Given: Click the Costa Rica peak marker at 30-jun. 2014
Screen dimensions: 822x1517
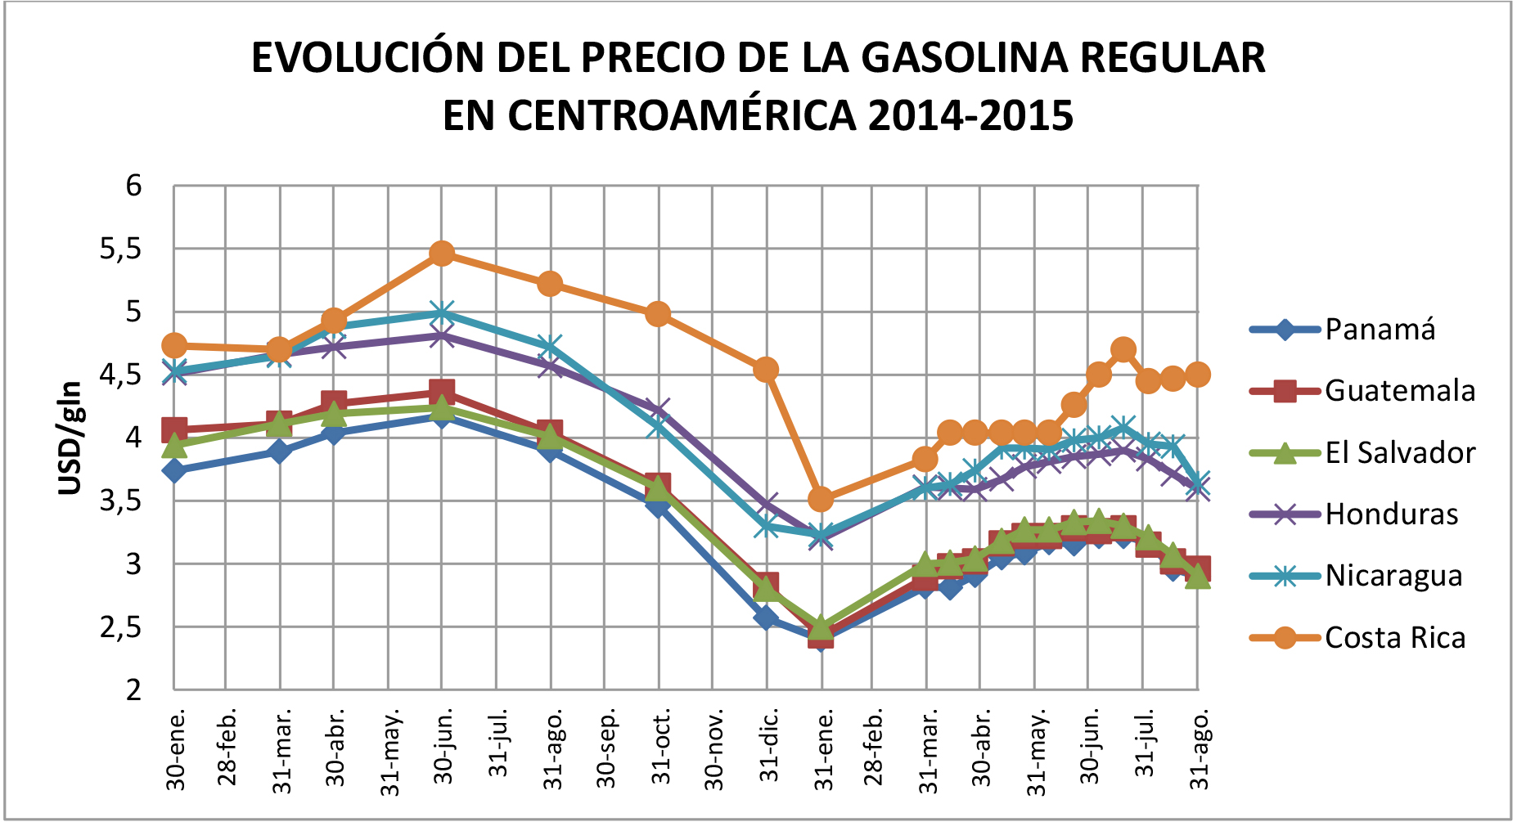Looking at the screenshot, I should (x=442, y=254).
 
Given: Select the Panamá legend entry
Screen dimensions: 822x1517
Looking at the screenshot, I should (x=1380, y=330).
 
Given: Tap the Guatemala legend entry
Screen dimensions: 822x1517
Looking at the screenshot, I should (x=1399, y=391).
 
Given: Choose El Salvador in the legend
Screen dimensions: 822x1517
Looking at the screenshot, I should (x=1399, y=452).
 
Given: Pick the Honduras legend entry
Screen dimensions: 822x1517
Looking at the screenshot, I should (x=1391, y=514).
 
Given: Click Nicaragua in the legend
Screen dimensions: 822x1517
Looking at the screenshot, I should (x=1393, y=576).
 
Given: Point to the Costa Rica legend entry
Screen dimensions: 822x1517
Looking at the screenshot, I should (x=1394, y=638).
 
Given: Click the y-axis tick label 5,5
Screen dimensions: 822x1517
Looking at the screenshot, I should (x=120, y=249).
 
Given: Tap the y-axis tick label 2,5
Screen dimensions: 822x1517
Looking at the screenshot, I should (x=120, y=627).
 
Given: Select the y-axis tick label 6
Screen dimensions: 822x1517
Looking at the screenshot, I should (x=133, y=186).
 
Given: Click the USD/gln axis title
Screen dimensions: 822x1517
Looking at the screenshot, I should (x=70, y=438).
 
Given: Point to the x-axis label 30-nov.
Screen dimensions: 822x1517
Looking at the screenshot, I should (x=714, y=748).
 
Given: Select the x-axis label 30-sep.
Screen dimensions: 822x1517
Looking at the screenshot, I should (x=606, y=748).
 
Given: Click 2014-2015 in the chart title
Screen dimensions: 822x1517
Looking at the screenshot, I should (x=970, y=115).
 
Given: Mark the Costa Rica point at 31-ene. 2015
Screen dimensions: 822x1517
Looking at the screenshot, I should (x=821, y=499).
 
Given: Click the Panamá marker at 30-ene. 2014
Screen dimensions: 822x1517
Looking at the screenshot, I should (x=173, y=470).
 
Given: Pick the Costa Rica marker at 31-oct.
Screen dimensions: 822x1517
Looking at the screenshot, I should (x=658, y=314).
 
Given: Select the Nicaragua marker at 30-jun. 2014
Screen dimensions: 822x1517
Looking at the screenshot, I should (x=442, y=313).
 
